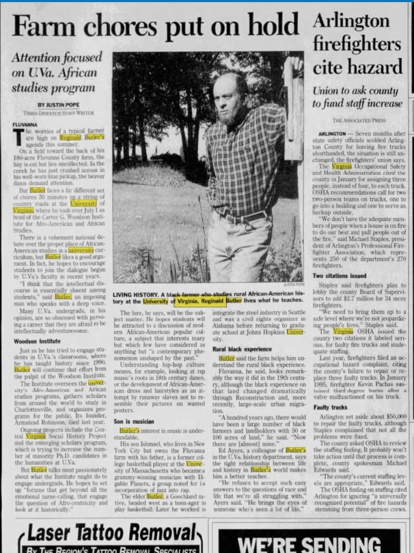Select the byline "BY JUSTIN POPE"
tap(56, 104)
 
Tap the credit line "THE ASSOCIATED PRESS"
tap(359, 119)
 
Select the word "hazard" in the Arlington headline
tap(373, 66)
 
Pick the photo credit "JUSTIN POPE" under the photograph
tap(293, 284)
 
